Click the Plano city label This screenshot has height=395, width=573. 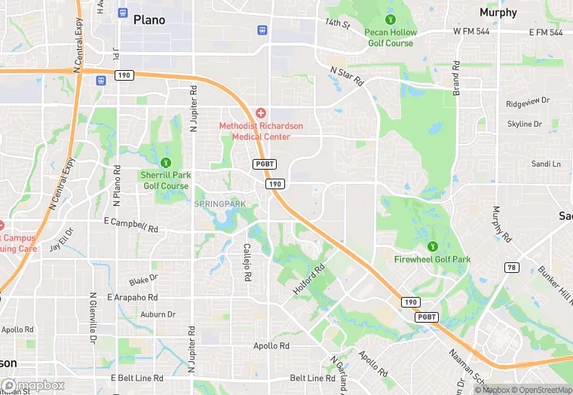pyautogui.click(x=149, y=20)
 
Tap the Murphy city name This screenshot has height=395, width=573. pyautogui.click(x=498, y=13)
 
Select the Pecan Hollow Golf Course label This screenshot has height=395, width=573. pyautogui.click(x=390, y=38)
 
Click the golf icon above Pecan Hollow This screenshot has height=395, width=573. pyautogui.click(x=390, y=19)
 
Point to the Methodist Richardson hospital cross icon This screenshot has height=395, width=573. pyautogui.click(x=260, y=112)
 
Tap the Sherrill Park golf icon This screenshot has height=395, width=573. pyautogui.click(x=166, y=162)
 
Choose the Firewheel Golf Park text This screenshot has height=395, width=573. pyautogui.click(x=432, y=259)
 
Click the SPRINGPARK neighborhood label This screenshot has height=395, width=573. pyautogui.click(x=219, y=204)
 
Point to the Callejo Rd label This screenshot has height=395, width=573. pyautogui.click(x=247, y=262)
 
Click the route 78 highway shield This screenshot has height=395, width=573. pyautogui.click(x=512, y=268)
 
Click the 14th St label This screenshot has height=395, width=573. pyautogui.click(x=338, y=24)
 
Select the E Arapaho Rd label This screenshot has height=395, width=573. pyautogui.click(x=133, y=298)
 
